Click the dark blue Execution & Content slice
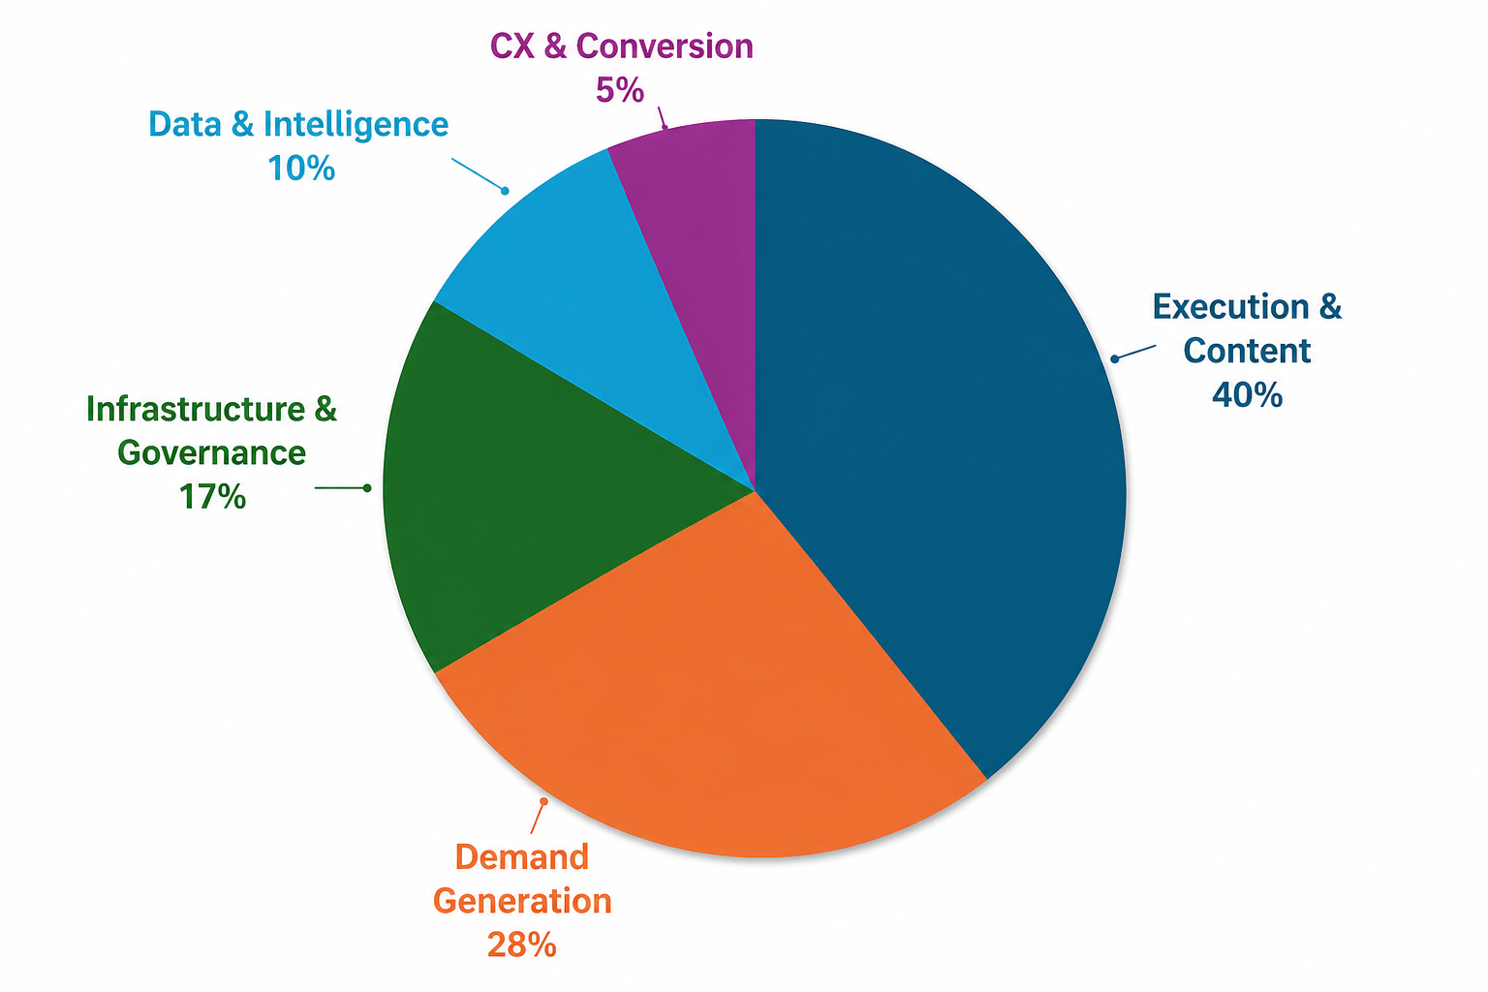click(930, 436)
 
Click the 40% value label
click(1247, 395)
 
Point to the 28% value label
click(521, 945)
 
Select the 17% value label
click(212, 497)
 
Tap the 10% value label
click(301, 169)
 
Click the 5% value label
click(620, 91)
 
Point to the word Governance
click(212, 453)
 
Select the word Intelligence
click(356, 125)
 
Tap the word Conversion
click(665, 46)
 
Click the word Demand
click(521, 857)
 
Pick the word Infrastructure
click(197, 410)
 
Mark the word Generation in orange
click(521, 901)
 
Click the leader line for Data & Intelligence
click(479, 174)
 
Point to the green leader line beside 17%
click(341, 488)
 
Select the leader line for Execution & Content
click(1134, 352)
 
